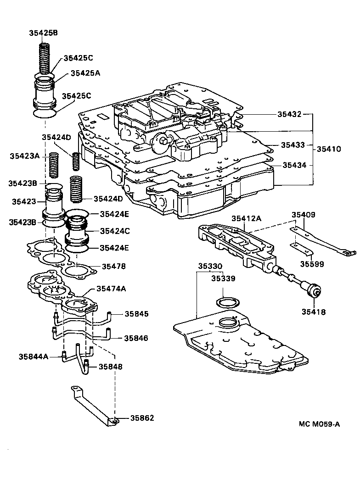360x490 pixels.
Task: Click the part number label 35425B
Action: pyautogui.click(x=44, y=33)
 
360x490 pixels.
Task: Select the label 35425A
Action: pyautogui.click(x=85, y=73)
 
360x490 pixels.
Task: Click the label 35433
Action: pyautogui.click(x=292, y=145)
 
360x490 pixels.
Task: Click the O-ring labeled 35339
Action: pyautogui.click(x=226, y=303)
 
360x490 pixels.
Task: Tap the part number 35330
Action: pyautogui.click(x=210, y=266)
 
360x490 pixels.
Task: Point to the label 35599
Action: pyautogui.click(x=312, y=264)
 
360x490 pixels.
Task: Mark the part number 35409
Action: pyautogui.click(x=304, y=214)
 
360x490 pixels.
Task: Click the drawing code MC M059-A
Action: pyautogui.click(x=320, y=424)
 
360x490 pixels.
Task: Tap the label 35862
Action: pyautogui.click(x=142, y=418)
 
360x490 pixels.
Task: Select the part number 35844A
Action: pyautogui.click(x=34, y=356)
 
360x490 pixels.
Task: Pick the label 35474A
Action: pyautogui.click(x=111, y=289)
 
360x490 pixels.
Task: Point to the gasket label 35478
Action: pyautogui.click(x=114, y=266)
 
